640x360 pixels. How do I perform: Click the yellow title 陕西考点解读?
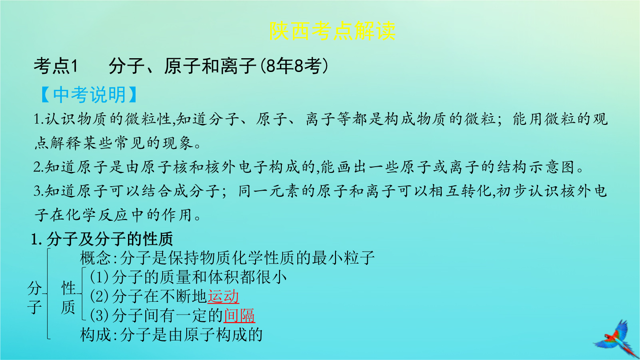pos(332,31)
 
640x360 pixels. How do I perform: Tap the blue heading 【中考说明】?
pos(89,95)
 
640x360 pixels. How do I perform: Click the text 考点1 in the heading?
pos(56,66)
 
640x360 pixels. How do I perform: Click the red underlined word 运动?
pos(223,296)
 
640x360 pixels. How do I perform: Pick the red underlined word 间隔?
pos(240,316)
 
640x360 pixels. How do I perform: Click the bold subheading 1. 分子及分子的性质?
pos(102,239)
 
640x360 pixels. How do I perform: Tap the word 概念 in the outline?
pos(95,258)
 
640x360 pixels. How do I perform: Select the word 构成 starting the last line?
pos(95,335)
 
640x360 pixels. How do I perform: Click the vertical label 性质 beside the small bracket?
pos(68,297)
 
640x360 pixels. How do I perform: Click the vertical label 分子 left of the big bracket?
pos(35,297)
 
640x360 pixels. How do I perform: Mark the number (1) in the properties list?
pos(99,277)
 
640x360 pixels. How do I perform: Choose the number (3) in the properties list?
pos(99,316)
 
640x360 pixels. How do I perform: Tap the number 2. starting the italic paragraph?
pos(39,167)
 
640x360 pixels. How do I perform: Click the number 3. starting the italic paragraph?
pos(39,191)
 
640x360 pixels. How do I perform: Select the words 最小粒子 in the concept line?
pos(343,258)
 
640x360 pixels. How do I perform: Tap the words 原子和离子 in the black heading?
pos(210,66)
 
